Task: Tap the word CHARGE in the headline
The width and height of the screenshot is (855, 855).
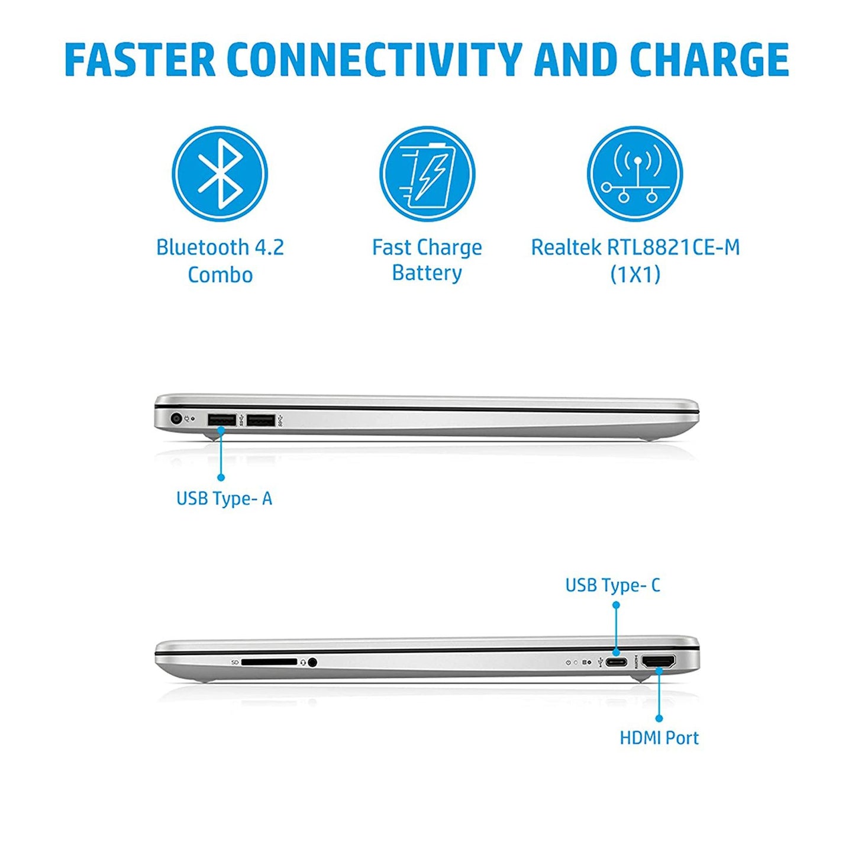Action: pos(710,59)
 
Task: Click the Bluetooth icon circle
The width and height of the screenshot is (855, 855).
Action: pos(220,174)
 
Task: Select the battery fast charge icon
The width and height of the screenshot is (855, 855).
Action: pos(427,174)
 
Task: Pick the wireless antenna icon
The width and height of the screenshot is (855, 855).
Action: pos(635,174)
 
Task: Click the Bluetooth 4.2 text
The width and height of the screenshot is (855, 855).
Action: pos(220,247)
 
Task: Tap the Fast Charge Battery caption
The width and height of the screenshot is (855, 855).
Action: pos(427,260)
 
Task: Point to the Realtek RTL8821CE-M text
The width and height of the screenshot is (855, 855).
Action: pos(635,247)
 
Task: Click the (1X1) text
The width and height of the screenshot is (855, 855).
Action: pos(635,274)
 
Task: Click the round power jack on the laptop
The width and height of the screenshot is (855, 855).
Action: pos(177,418)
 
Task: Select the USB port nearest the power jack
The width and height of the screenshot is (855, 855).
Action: pos(221,420)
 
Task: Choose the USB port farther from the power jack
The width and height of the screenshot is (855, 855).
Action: pos(261,420)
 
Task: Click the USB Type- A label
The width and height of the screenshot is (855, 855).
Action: pos(224,499)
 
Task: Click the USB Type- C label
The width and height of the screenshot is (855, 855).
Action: pos(613,585)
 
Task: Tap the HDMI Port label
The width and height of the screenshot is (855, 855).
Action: pos(659,738)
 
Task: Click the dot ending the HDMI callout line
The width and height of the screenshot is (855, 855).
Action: pos(659,718)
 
